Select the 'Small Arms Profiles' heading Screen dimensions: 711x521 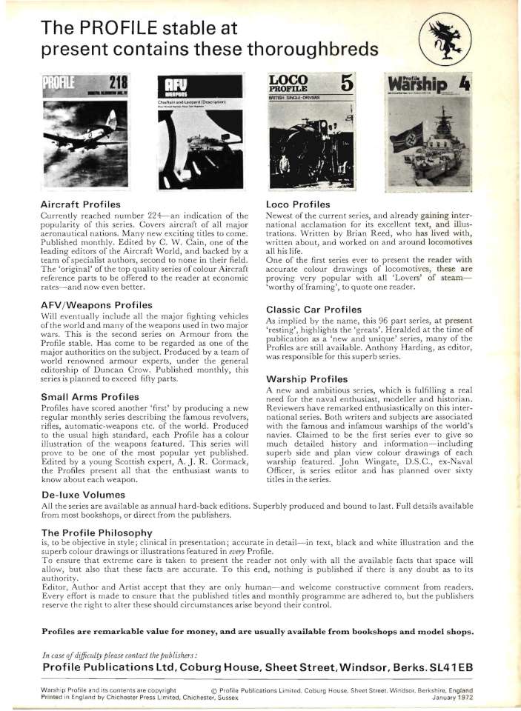(x=91, y=397)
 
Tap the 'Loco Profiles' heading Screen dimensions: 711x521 (x=297, y=202)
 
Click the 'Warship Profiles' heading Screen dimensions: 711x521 (x=306, y=379)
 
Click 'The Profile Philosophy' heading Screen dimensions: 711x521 (x=98, y=532)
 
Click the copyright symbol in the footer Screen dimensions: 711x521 (x=214, y=689)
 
